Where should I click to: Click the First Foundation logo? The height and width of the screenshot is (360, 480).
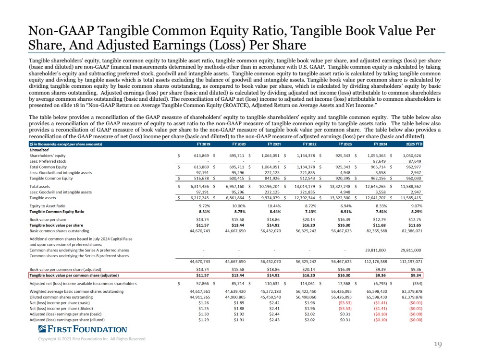(82, 329)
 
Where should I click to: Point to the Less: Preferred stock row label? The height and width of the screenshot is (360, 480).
(48, 161)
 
